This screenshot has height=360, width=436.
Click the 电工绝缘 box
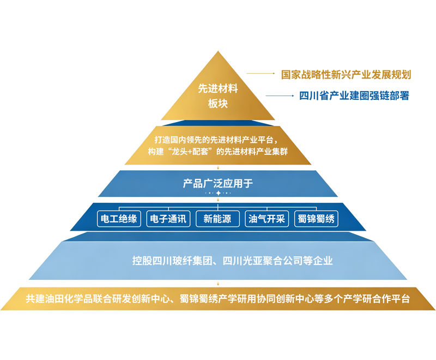tap(119, 219)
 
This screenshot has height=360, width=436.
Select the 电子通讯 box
tap(168, 219)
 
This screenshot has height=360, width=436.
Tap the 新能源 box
tap(217, 219)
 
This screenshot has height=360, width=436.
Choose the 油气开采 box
tap(267, 219)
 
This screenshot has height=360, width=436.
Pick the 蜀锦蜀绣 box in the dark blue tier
tap(316, 219)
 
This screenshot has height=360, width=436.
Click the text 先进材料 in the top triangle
tap(218, 88)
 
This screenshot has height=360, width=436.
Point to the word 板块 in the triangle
tap(218, 104)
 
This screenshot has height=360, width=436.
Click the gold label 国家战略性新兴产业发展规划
tap(346, 75)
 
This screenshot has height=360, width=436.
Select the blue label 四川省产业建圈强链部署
tap(354, 95)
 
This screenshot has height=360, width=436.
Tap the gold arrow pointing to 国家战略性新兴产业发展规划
tap(261, 74)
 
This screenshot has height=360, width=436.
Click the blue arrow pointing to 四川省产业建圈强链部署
tap(280, 95)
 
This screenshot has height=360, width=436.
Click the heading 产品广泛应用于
tap(218, 183)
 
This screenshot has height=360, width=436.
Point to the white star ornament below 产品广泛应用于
tap(219, 193)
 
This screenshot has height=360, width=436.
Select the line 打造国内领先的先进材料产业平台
tap(214, 140)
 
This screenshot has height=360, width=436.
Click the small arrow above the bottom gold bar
tap(218, 284)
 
